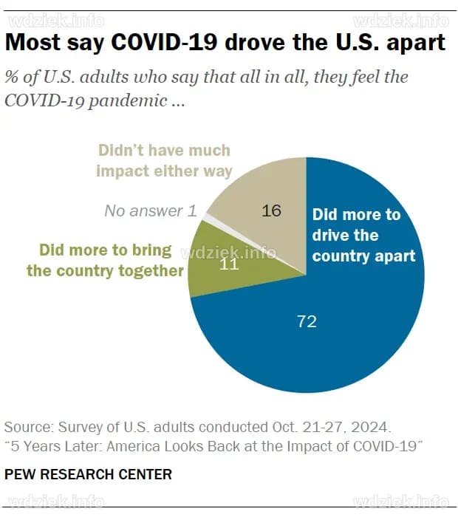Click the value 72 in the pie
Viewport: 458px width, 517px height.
click(306, 321)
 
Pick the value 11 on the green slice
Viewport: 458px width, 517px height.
click(230, 264)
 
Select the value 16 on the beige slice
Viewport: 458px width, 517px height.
click(272, 210)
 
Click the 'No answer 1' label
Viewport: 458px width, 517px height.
click(151, 210)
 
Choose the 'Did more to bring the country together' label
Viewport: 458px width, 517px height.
click(105, 260)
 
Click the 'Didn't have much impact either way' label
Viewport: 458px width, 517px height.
click(164, 160)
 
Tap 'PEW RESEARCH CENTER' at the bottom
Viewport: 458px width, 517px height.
click(88, 474)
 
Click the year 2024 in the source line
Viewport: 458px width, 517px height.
click(369, 428)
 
